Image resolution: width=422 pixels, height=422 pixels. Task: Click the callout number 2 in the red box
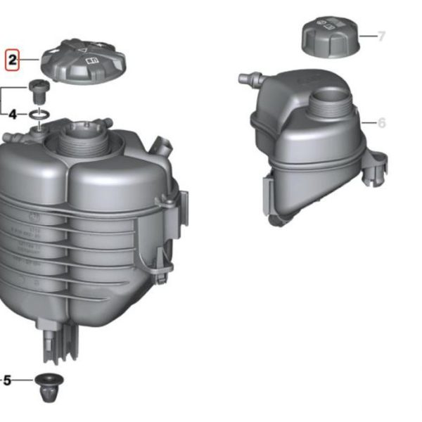(x=13, y=60)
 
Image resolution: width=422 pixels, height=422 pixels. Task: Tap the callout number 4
(x=13, y=115)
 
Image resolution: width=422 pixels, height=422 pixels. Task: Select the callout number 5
(x=7, y=381)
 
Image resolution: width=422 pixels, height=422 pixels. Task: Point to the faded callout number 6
(x=382, y=122)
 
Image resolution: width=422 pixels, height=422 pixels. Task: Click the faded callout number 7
(x=381, y=36)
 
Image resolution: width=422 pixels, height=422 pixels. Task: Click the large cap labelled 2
(x=84, y=61)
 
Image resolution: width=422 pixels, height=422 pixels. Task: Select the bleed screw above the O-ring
(x=39, y=91)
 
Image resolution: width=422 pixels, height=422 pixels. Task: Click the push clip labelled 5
(x=49, y=387)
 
